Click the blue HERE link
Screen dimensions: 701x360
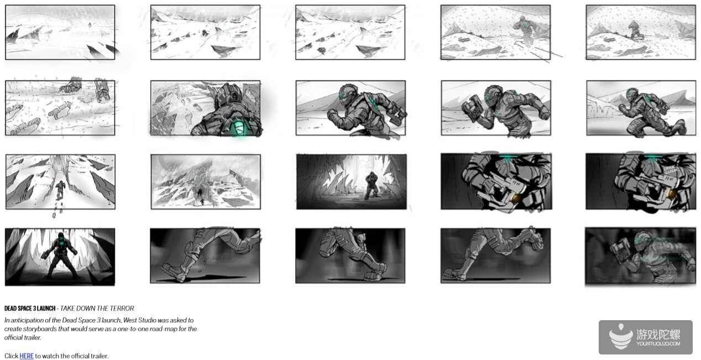(27, 356)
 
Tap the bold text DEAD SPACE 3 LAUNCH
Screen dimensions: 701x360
(30, 309)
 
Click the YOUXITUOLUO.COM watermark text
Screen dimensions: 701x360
(658, 344)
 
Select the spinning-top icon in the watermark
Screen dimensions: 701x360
(621, 337)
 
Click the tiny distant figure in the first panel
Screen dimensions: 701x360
(90, 24)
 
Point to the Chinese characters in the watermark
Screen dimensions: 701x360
(658, 335)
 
